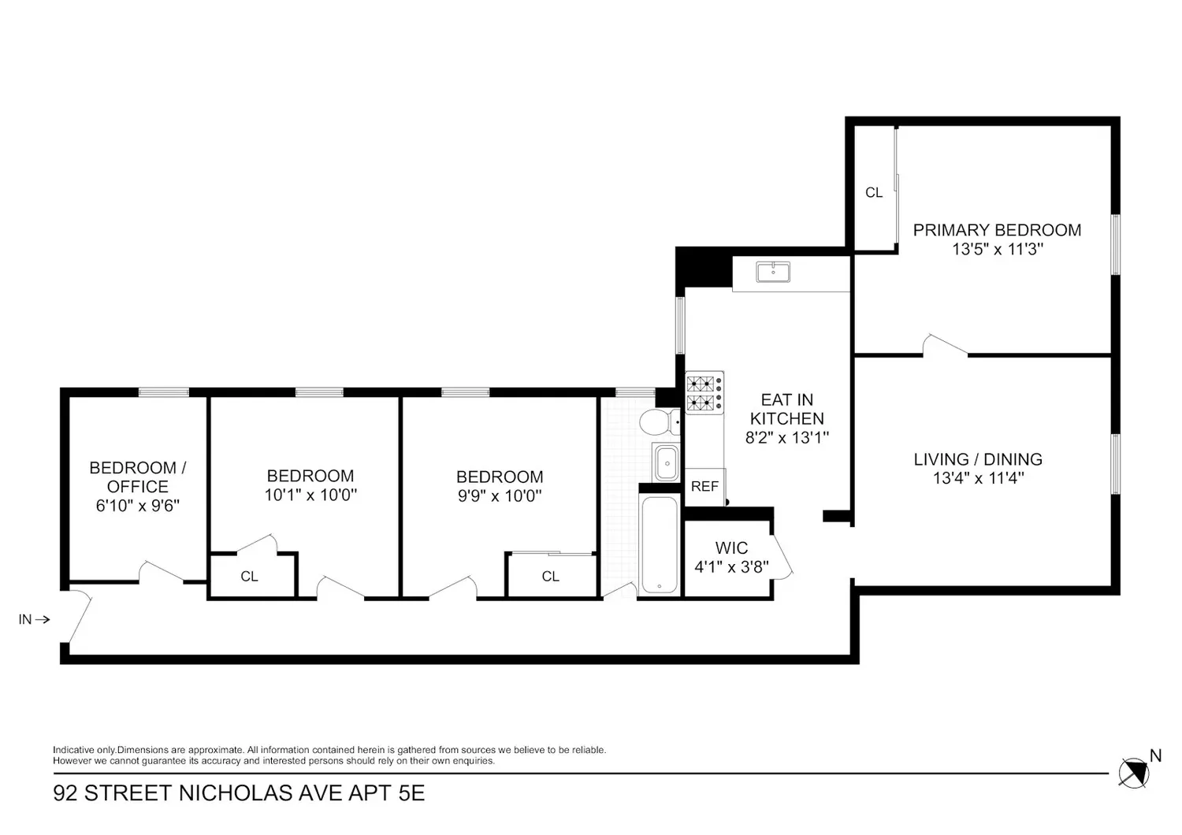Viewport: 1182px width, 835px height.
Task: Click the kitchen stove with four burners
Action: click(x=704, y=392)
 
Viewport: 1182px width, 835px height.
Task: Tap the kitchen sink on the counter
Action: click(x=773, y=272)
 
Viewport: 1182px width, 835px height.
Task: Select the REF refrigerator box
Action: click(x=705, y=487)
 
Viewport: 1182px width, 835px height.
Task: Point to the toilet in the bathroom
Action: click(x=660, y=422)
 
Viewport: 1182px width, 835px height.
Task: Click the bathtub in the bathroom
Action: click(x=659, y=544)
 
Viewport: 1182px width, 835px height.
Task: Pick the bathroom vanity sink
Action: click(x=666, y=462)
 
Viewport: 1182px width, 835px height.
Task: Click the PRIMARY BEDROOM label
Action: click(x=997, y=230)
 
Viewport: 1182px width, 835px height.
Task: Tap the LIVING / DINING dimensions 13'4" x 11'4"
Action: click(x=979, y=478)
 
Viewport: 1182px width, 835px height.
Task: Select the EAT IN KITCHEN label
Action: click(x=786, y=409)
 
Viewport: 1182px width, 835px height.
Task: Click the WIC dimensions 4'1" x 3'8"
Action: click(x=731, y=567)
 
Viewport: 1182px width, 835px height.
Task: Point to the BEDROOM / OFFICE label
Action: click(x=138, y=477)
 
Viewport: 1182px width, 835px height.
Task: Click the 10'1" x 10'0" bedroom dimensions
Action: click(x=310, y=495)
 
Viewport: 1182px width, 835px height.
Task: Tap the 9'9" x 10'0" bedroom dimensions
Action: click(x=500, y=495)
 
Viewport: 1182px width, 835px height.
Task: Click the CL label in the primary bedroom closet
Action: click(x=874, y=192)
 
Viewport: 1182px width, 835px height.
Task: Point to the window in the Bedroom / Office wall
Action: click(x=164, y=392)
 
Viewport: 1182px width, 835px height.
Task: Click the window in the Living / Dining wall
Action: click(x=1116, y=464)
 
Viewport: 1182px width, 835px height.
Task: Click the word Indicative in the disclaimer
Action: click(x=73, y=750)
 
